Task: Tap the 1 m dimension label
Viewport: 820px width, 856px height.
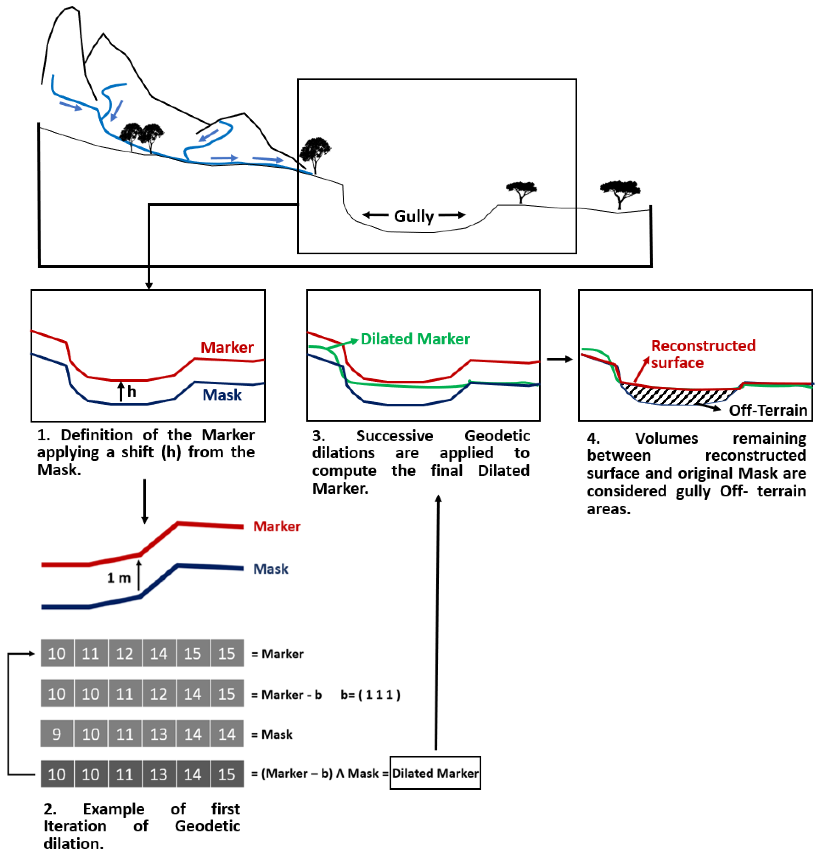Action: click(x=119, y=578)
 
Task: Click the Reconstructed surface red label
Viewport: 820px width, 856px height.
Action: click(x=703, y=354)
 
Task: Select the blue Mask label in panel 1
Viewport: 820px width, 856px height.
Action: click(x=222, y=395)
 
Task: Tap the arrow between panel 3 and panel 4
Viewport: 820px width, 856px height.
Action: click(x=559, y=359)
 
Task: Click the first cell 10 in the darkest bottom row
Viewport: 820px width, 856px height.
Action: click(x=57, y=774)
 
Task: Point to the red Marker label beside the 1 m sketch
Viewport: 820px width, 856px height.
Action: click(x=277, y=526)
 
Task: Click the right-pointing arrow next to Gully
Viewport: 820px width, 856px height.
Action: click(x=452, y=215)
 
